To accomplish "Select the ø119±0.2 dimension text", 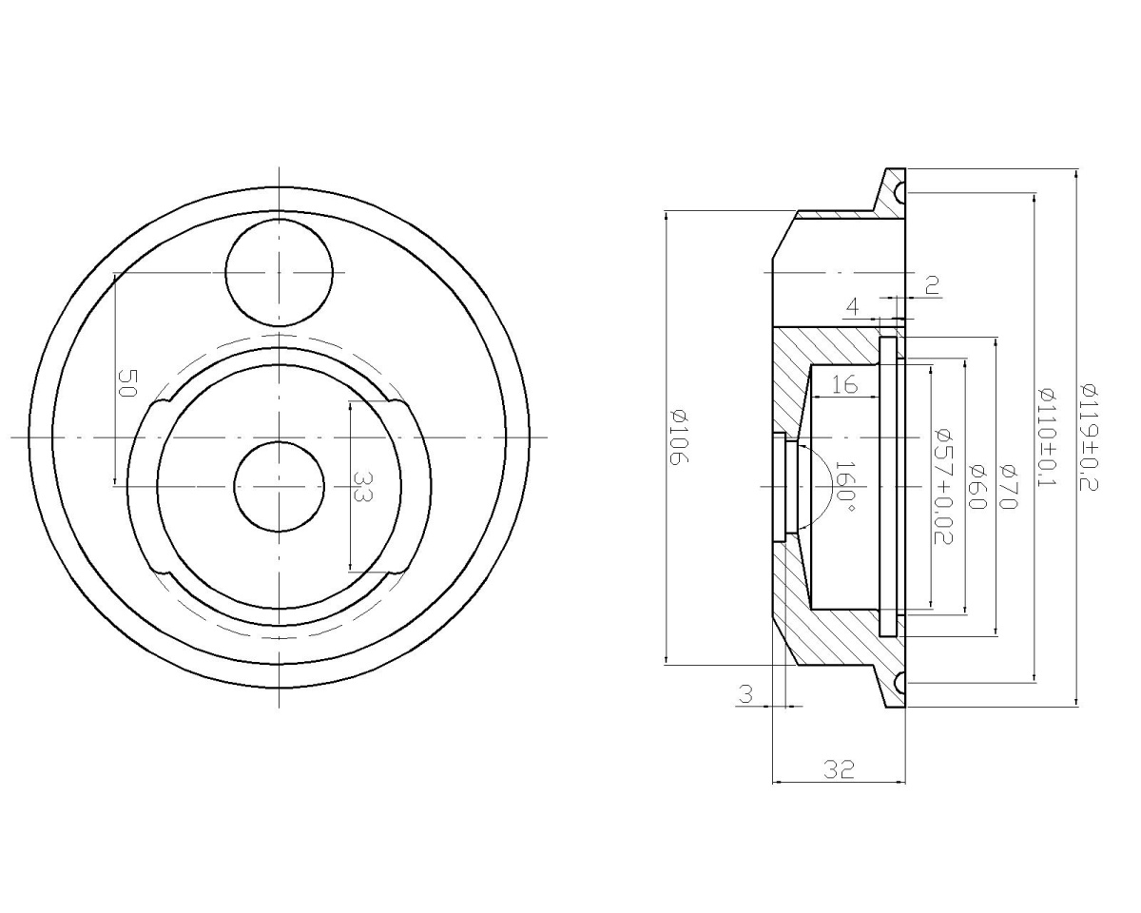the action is pos(1087,437).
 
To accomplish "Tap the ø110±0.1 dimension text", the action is pos(1047,437).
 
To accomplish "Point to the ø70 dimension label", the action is pos(1007,487).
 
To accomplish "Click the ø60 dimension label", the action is pos(977,487).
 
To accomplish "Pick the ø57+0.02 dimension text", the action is pos(943,487).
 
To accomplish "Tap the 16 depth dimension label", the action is pos(844,384).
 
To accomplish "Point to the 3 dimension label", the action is pos(745,694).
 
